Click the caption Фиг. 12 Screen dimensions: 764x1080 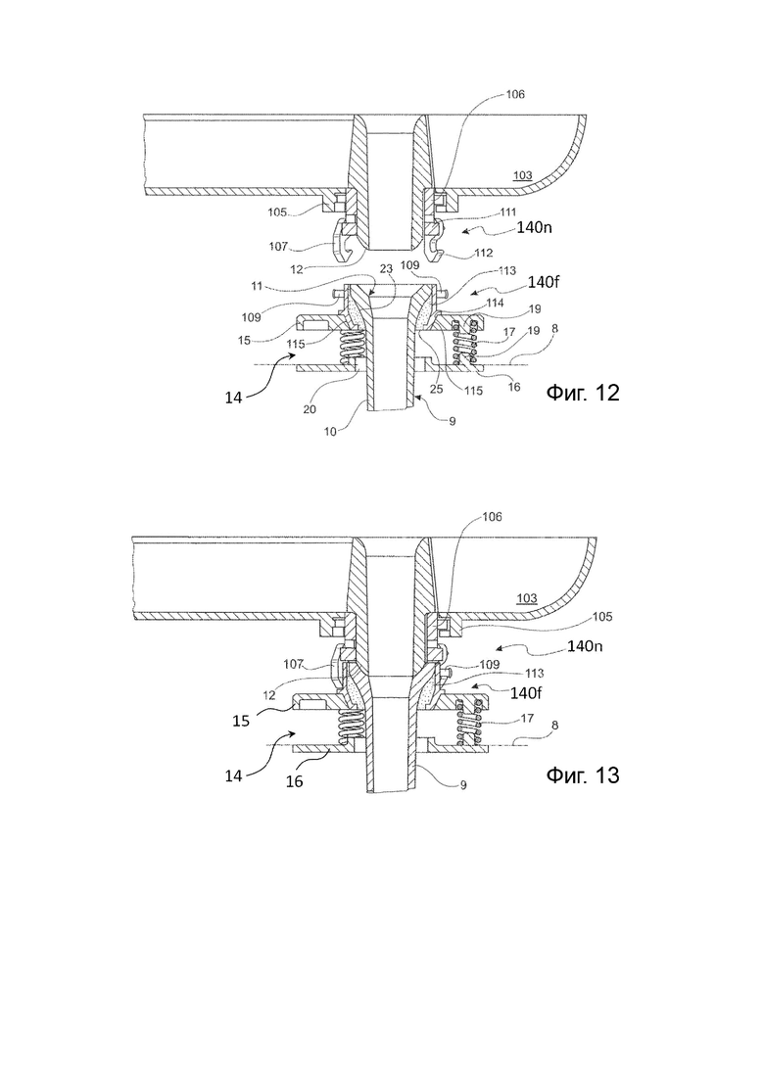(582, 393)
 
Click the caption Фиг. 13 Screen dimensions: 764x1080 (582, 775)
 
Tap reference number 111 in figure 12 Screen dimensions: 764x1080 (507, 212)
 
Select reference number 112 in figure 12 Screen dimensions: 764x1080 (483, 253)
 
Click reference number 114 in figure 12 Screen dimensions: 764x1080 (495, 303)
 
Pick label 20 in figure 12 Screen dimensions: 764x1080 (310, 408)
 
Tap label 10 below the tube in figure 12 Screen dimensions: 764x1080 (331, 431)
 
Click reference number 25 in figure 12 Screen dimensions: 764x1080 (436, 390)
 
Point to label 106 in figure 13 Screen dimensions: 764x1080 (493, 517)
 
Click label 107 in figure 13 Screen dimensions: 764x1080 (294, 664)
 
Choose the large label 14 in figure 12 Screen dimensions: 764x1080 (233, 398)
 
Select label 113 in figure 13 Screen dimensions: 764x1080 (534, 673)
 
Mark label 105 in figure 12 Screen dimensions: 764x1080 (277, 212)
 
